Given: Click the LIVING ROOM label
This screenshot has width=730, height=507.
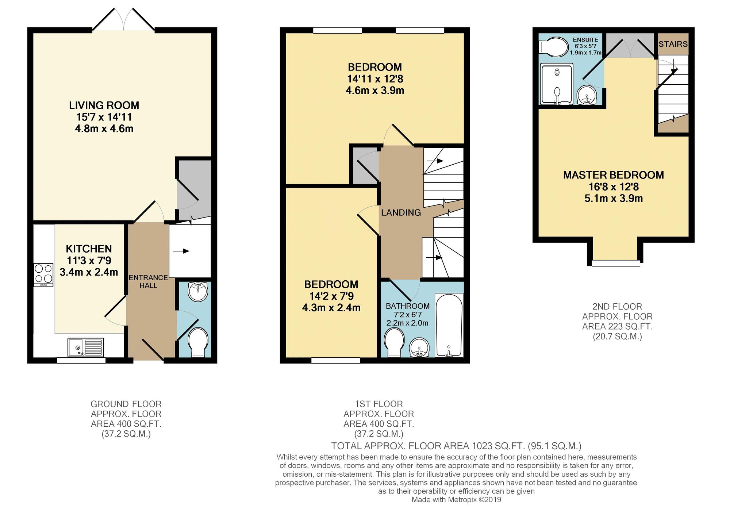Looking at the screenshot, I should [104, 105].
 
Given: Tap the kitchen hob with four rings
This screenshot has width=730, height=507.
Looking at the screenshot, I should [43, 275].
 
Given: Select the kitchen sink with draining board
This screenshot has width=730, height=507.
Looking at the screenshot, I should [85, 347].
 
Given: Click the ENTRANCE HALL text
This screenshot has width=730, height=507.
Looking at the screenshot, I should [148, 281].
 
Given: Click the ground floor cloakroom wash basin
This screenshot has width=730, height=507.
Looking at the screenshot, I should [198, 292].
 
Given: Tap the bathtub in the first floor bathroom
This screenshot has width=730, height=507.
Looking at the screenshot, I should [449, 325].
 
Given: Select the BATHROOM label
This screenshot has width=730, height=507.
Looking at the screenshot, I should [408, 306].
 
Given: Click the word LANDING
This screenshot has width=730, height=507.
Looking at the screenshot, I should [401, 212].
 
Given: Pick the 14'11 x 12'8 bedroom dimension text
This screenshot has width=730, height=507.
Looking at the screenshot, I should [375, 79].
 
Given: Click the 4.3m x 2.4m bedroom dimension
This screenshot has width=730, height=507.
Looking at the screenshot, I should [331, 308].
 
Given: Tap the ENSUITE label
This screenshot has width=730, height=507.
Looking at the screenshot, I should [585, 40].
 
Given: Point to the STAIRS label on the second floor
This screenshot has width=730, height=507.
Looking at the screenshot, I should [673, 44].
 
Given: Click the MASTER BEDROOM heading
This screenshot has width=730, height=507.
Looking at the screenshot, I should [613, 175].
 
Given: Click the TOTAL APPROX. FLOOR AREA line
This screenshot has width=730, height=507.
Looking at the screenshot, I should [456, 446].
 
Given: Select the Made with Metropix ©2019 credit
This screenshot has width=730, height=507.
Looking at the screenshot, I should [456, 500].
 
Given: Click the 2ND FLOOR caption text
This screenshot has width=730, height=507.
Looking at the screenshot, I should [617, 307].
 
